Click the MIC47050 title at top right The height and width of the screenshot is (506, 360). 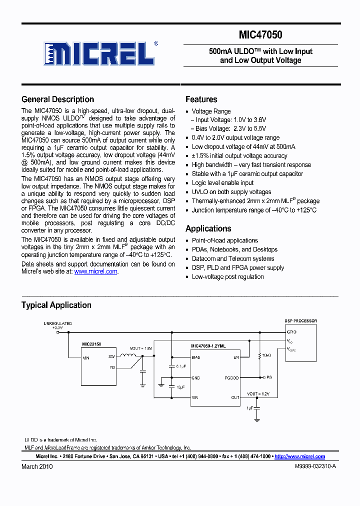pos(260,35)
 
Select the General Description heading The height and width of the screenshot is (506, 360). pos(57,99)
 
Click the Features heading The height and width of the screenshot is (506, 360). pos(201,99)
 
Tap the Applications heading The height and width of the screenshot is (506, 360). pos(208,228)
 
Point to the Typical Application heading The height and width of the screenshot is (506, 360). pos(56,305)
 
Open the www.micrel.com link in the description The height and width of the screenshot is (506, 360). pos(95,271)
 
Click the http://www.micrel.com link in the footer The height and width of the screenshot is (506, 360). pos(299,456)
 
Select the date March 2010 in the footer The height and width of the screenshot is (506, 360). pos(36,466)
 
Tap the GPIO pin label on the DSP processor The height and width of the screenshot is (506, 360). pos(291,332)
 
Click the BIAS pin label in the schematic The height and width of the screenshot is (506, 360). pos(196,357)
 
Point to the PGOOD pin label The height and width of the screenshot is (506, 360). pos(231,378)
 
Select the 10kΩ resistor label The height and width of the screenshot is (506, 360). pos(266,355)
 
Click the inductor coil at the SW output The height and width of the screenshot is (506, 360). pos(129,356)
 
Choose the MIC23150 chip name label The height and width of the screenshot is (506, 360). pos(91,344)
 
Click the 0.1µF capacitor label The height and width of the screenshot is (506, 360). pos(180,366)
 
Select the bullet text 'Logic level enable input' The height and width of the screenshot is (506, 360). pos(222,183)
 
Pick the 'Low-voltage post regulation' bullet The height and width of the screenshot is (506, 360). pos(227,276)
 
